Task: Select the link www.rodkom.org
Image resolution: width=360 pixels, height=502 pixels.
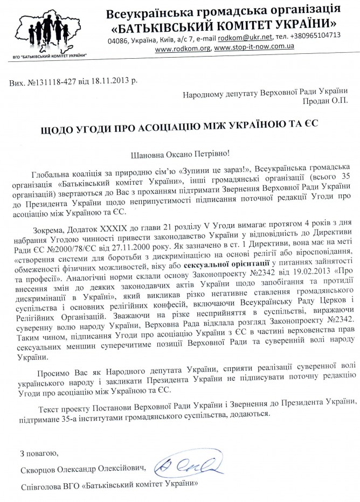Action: [x=183, y=48]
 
